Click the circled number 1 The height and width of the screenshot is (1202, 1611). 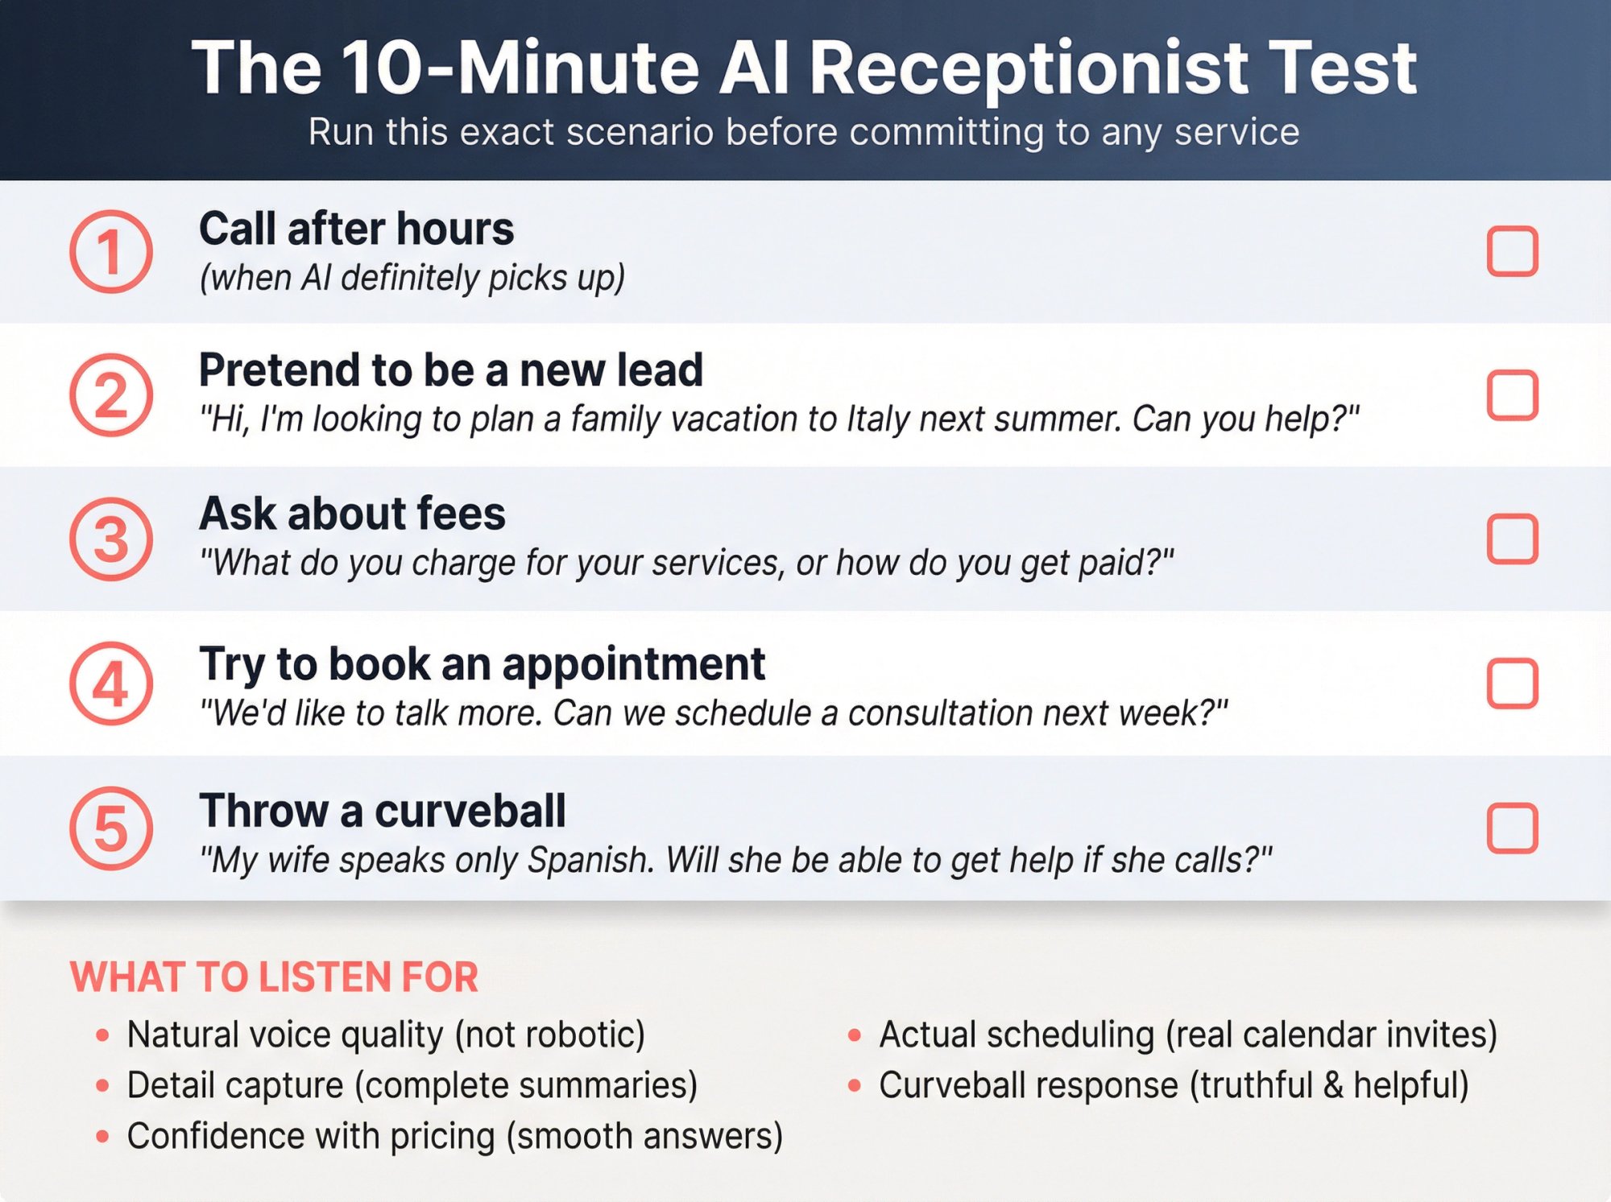pyautogui.click(x=111, y=251)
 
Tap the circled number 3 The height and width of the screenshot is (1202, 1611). pyautogui.click(x=111, y=539)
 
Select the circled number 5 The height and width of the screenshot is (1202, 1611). pyautogui.click(x=111, y=828)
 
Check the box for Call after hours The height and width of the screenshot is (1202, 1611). pyautogui.click(x=1512, y=251)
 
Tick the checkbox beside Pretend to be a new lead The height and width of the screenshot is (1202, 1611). pyautogui.click(x=1512, y=394)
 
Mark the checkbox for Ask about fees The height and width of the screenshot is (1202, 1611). pyautogui.click(x=1512, y=539)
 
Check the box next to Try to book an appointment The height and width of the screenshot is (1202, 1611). pyautogui.click(x=1512, y=684)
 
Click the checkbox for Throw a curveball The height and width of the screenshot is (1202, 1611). pyautogui.click(x=1512, y=828)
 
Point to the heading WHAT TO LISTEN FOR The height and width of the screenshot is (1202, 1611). pyautogui.click(x=275, y=977)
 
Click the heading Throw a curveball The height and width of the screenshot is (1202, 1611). pyautogui.click(x=383, y=811)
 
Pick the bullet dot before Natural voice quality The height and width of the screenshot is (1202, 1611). pyautogui.click(x=102, y=1035)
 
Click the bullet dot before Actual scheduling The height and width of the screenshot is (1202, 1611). pyautogui.click(x=855, y=1035)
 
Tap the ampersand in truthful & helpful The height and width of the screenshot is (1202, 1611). pyautogui.click(x=1333, y=1085)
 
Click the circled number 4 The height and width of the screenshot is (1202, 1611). pyautogui.click(x=111, y=684)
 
